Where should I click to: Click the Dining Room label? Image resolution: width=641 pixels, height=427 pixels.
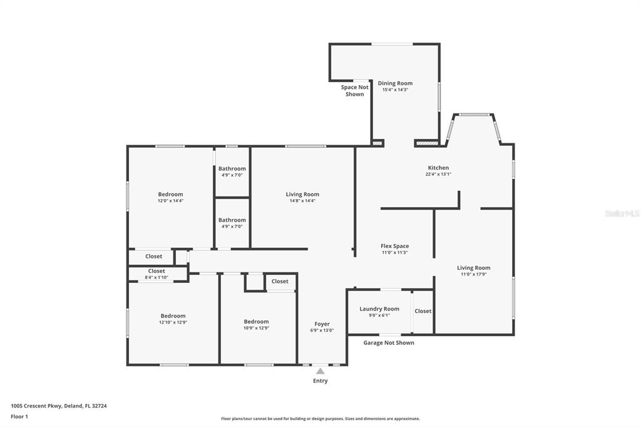click(395, 83)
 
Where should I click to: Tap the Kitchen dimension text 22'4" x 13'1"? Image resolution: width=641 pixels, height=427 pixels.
click(438, 174)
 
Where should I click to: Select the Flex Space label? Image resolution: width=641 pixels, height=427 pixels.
click(394, 246)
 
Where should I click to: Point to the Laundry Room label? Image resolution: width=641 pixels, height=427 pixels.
click(379, 309)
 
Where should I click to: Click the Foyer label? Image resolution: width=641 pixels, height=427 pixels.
click(322, 324)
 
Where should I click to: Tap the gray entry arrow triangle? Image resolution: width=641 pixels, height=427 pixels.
click(320, 371)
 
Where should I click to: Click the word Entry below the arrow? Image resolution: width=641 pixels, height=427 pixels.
click(320, 381)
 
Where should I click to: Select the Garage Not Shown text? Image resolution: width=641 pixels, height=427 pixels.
click(389, 342)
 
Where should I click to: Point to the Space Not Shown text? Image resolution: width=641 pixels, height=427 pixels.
click(354, 90)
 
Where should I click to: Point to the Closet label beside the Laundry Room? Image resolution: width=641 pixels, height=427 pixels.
click(423, 311)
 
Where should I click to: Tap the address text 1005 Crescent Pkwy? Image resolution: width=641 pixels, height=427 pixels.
click(36, 406)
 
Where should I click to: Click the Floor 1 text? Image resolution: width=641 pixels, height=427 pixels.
click(19, 417)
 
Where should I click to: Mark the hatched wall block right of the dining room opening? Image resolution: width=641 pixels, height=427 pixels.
click(427, 143)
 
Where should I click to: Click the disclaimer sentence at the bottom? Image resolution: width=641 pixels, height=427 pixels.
click(320, 419)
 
